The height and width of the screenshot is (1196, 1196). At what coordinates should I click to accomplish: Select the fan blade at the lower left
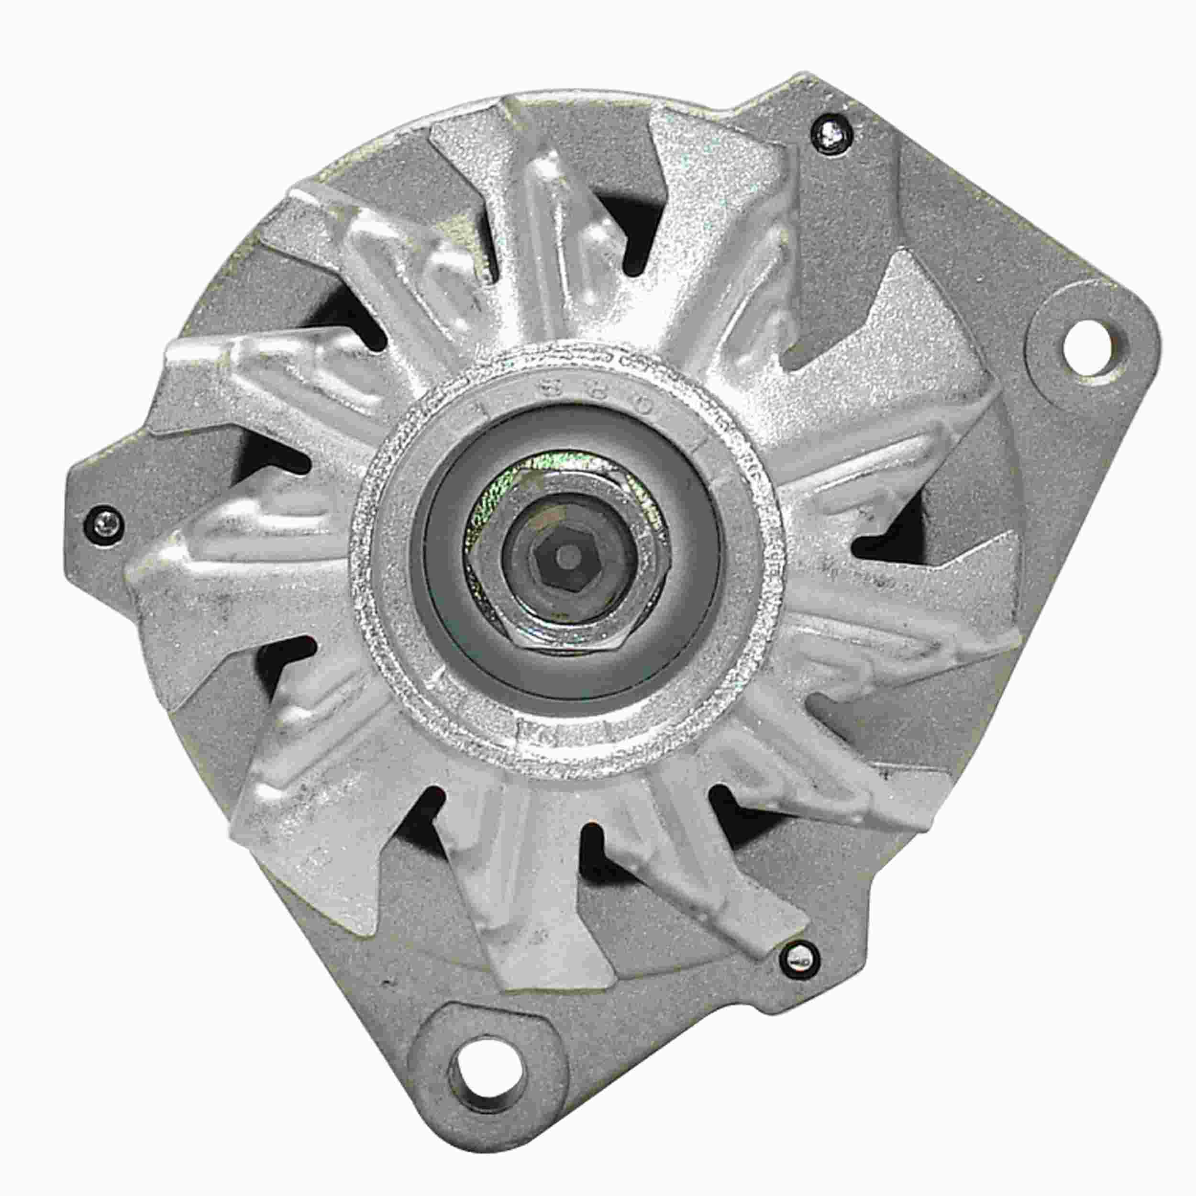pyautogui.click(x=297, y=798)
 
